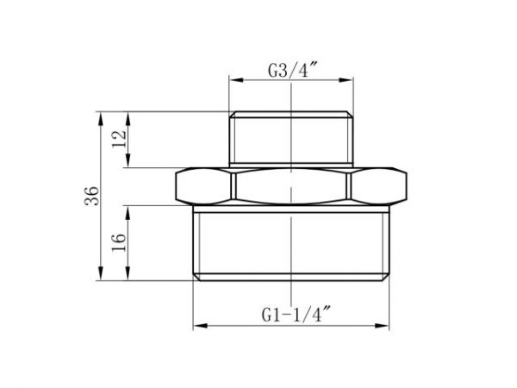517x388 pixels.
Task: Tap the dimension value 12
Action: pos(120,138)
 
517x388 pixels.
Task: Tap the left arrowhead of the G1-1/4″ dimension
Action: pos(195,325)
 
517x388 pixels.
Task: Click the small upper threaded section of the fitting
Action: pos(292,138)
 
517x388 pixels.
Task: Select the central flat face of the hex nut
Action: pos(294,185)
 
